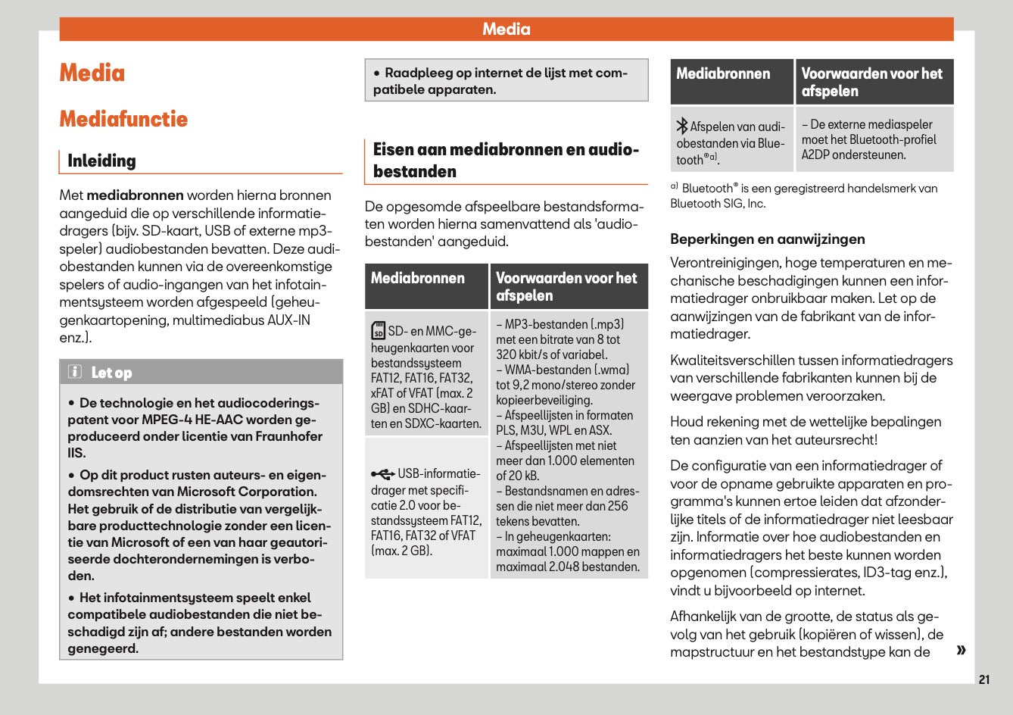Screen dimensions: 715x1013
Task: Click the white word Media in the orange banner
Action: tap(506, 30)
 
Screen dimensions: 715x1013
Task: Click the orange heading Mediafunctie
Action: tap(123, 119)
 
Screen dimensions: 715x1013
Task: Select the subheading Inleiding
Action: tap(101, 161)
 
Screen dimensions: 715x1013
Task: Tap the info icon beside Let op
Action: tap(75, 372)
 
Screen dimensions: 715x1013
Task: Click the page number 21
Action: tap(983, 679)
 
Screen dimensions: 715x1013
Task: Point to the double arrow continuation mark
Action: tap(961, 650)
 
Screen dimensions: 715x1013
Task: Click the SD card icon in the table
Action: tap(378, 331)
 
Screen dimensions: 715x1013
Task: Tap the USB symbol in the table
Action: tap(382, 474)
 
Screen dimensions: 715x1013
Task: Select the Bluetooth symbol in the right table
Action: tap(681, 126)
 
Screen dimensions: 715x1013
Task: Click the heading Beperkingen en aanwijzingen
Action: tap(767, 239)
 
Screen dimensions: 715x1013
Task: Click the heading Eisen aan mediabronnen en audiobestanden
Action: tap(506, 160)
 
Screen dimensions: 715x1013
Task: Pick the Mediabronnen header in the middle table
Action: tap(418, 278)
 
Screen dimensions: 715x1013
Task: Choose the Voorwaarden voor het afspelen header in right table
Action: tap(871, 82)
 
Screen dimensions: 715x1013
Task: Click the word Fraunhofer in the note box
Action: tap(285, 436)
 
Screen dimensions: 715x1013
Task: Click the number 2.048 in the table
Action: tap(566, 567)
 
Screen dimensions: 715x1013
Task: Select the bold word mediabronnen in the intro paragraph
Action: tap(135, 195)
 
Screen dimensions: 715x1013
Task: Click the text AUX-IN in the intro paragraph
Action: tap(288, 320)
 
